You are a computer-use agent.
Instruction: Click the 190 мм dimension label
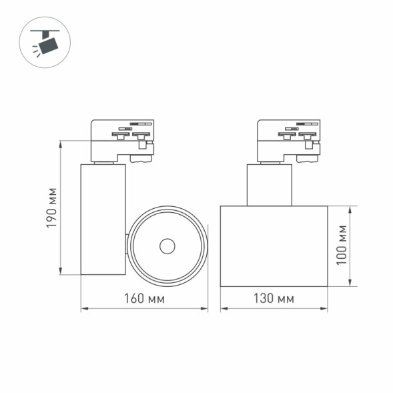51,208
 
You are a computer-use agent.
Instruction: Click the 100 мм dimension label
342,246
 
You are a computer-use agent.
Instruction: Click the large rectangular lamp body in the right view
274,246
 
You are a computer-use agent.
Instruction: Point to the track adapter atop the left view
122,139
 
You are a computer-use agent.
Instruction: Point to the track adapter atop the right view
289,139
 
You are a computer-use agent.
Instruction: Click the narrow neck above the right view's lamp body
269,184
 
